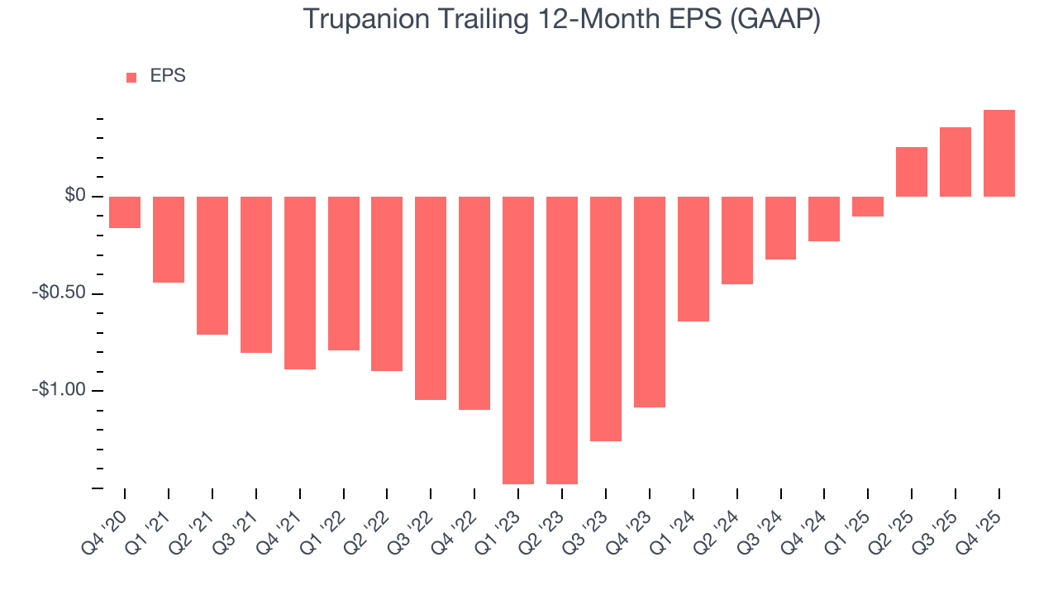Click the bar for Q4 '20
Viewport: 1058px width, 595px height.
(125, 212)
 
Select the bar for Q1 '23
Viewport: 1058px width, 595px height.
(518, 340)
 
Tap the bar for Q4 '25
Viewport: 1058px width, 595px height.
(999, 153)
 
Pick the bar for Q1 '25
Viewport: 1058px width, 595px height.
(868, 207)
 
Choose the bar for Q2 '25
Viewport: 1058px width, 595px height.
(912, 172)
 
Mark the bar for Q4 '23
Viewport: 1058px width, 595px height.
(650, 302)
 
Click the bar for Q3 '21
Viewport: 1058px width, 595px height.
(256, 274)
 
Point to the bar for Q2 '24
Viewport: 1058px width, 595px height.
(737, 240)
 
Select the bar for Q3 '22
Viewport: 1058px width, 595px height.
(431, 298)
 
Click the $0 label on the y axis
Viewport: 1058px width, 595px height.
(76, 196)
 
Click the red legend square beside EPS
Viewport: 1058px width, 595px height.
(131, 77)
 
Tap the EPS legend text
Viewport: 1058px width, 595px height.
(168, 76)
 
